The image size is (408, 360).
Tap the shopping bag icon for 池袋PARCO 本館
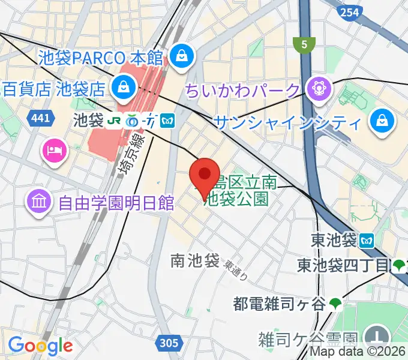179,56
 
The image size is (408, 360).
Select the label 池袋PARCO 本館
101,58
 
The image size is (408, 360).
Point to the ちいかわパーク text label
242,91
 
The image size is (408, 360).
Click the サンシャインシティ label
288,123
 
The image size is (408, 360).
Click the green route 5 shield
304,43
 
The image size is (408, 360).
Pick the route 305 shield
169,343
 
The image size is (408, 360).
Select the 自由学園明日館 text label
116,202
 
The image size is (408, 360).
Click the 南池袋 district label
195,261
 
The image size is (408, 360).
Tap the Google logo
40,345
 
